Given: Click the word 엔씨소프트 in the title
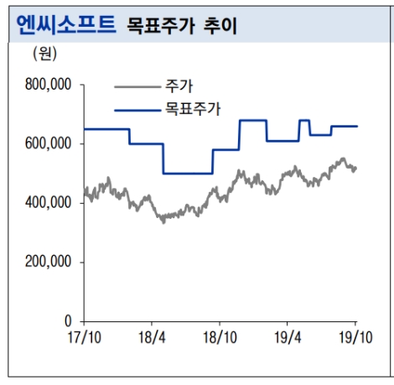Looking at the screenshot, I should coord(66,23).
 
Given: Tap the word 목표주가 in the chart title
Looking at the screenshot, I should coord(156,25).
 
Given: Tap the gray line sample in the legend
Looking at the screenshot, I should coord(137,86).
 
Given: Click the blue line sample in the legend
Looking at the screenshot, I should coord(137,108).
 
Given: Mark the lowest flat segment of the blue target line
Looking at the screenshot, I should coord(188,174).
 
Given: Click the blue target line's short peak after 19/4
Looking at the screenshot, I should coord(304,120).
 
